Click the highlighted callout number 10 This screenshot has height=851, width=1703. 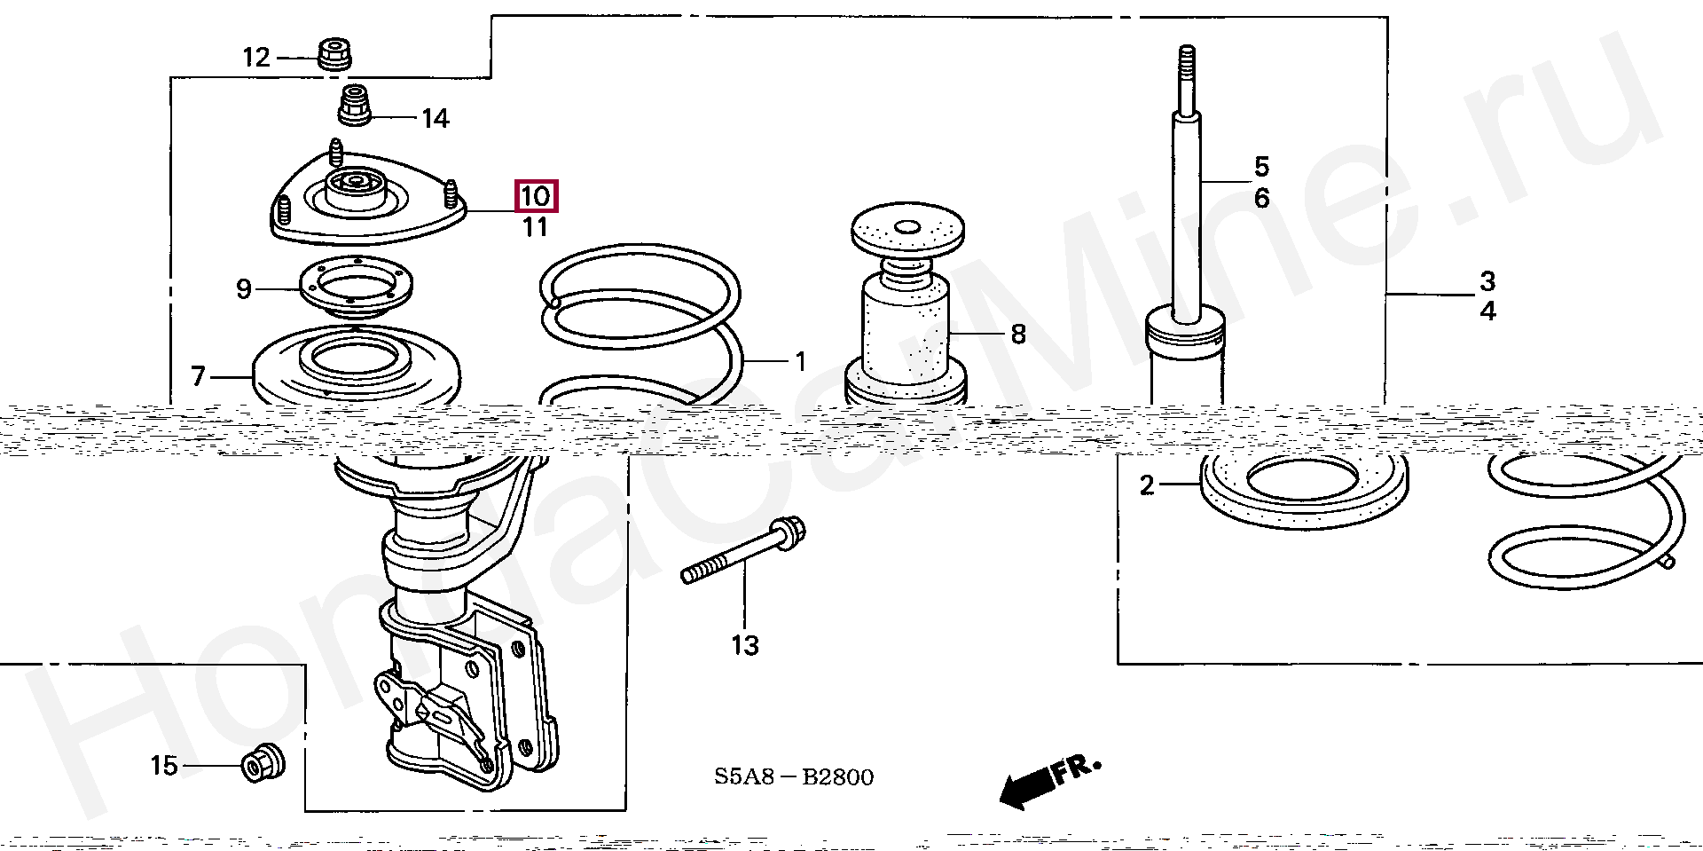point(536,195)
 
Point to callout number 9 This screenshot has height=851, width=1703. point(244,289)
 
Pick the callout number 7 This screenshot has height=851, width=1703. point(199,377)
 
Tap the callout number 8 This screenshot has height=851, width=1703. point(1018,335)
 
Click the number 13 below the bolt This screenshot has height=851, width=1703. point(745,646)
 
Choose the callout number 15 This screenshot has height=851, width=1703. point(164,765)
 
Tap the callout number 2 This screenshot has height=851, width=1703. point(1147,485)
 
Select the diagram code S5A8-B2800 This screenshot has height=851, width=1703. point(794,777)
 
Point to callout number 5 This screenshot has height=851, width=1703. point(1261,166)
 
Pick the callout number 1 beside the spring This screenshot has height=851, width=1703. point(800,361)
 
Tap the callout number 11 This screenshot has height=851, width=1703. point(535,227)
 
